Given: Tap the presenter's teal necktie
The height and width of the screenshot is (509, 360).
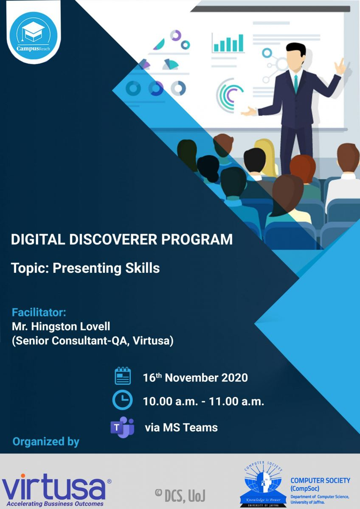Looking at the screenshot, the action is [296, 84].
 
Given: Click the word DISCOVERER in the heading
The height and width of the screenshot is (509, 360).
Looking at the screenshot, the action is [113, 239].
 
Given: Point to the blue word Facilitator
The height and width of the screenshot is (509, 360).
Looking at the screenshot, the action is [39, 312].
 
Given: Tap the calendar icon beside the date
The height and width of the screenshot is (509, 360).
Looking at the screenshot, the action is [123, 376].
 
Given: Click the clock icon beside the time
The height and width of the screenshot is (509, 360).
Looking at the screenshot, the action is [122, 400].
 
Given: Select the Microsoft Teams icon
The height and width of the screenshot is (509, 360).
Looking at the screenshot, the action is [122, 427].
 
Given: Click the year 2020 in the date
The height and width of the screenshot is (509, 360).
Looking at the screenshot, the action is [234, 378].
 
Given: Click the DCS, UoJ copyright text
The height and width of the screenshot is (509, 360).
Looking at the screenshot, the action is [180, 495].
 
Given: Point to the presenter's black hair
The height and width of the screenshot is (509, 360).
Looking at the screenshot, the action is [295, 49].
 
